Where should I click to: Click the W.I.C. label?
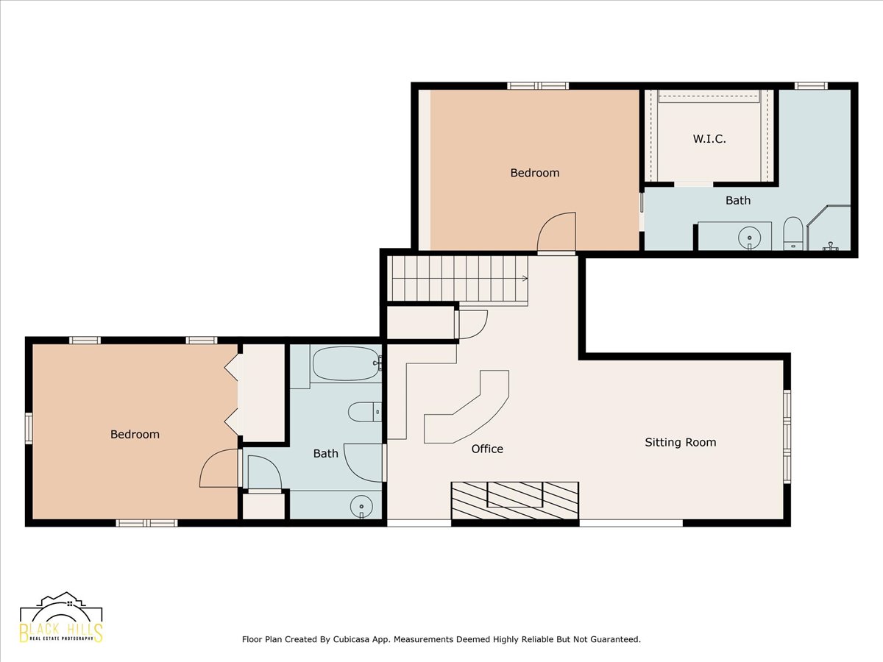(709, 138)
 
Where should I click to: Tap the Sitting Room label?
(680, 442)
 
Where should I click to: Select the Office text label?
(487, 449)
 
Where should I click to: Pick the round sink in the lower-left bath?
(361, 505)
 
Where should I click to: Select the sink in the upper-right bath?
(749, 237)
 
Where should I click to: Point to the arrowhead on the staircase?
(525, 278)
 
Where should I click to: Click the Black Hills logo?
(61, 618)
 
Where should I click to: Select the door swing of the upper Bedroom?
(557, 232)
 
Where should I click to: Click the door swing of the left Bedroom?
(220, 469)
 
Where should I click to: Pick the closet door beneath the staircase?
(472, 324)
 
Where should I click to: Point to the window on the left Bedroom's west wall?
(29, 428)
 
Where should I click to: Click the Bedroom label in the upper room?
(535, 173)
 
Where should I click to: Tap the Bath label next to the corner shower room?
(738, 200)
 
